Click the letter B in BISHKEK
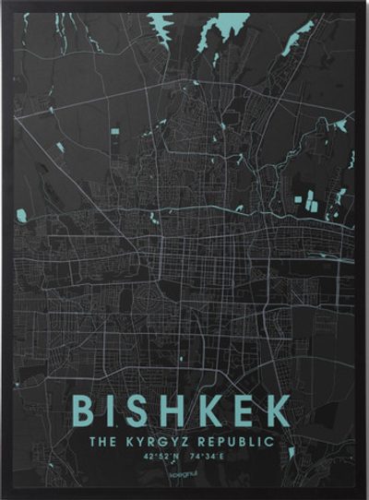(85, 411)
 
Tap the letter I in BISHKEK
(113, 411)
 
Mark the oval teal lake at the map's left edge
(21, 216)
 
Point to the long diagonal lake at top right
(297, 39)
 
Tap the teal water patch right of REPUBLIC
(292, 452)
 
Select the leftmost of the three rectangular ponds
(300, 199)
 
